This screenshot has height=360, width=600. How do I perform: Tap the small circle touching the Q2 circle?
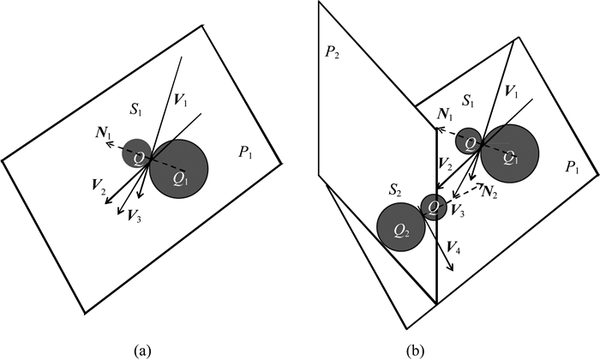tap(434, 207)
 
